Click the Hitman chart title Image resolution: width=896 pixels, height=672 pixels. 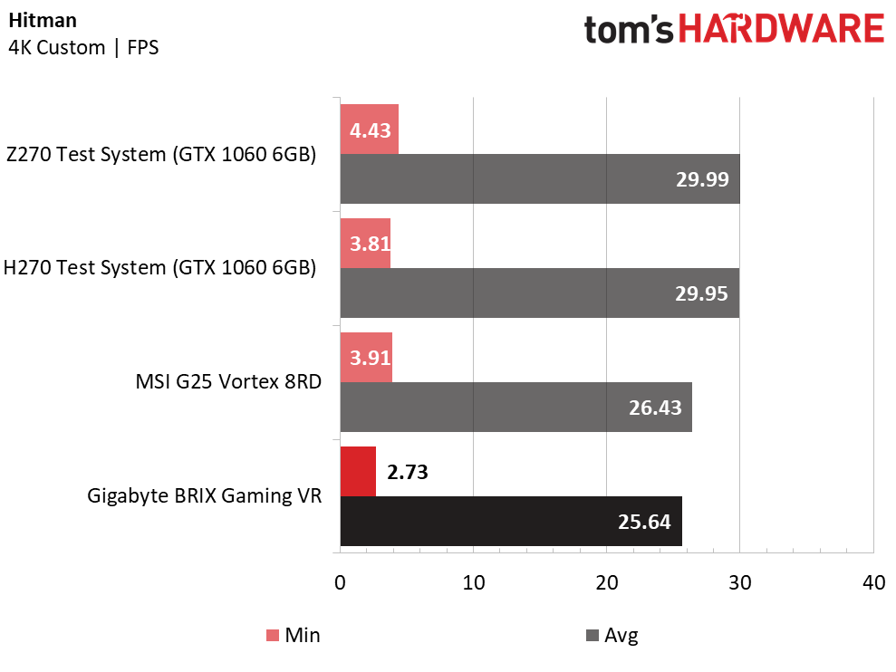pyautogui.click(x=43, y=21)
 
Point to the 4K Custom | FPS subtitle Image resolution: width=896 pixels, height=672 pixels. pyautogui.click(x=83, y=47)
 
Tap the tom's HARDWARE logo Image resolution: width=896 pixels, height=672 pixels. pyautogui.click(x=734, y=30)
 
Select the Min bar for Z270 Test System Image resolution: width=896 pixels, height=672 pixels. pyautogui.click(x=369, y=130)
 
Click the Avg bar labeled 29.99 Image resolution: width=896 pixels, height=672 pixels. pyautogui.click(x=540, y=178)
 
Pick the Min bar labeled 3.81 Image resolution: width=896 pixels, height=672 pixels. pyautogui.click(x=365, y=244)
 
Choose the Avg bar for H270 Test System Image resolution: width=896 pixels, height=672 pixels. pyautogui.click(x=539, y=293)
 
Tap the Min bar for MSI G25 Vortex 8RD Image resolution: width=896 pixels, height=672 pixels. pyautogui.click(x=366, y=357)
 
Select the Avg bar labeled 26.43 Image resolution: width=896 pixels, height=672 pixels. pyautogui.click(x=516, y=407)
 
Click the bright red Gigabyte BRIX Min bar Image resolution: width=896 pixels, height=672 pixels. pyautogui.click(x=358, y=472)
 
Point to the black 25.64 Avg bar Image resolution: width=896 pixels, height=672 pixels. pyautogui.click(x=511, y=521)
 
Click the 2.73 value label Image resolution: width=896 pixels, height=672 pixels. pyautogui.click(x=408, y=472)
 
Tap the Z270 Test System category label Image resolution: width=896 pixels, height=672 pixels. pyautogui.click(x=161, y=154)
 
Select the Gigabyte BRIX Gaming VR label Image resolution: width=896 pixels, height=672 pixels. pyautogui.click(x=204, y=495)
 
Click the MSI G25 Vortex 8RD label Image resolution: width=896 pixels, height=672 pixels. pyautogui.click(x=228, y=381)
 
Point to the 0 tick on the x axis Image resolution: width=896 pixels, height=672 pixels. pyautogui.click(x=340, y=583)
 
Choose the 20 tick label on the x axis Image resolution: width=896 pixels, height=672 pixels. pyautogui.click(x=606, y=583)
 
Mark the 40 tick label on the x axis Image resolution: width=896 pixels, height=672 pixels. pyautogui.click(x=873, y=583)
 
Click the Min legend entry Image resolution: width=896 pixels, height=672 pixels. pyautogui.click(x=294, y=635)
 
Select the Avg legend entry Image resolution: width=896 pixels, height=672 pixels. pyautogui.click(x=612, y=635)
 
